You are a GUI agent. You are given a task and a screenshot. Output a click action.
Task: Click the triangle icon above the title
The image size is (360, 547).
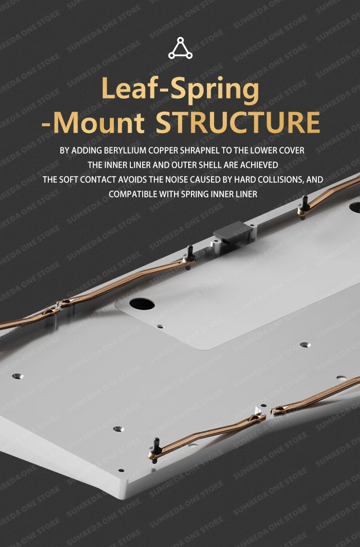coord(180,49)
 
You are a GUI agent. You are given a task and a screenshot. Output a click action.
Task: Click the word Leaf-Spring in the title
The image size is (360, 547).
coord(180,90)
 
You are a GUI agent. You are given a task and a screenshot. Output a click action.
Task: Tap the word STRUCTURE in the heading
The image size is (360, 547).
coord(237,122)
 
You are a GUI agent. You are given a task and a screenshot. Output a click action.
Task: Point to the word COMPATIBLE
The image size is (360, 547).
coord(130,194)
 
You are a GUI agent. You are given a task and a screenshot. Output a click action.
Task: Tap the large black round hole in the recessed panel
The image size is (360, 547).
coord(142,303)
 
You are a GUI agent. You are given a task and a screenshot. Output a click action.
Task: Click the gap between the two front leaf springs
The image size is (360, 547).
coord(267,412)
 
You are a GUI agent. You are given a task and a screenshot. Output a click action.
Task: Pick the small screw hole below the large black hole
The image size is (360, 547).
coord(159,326)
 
